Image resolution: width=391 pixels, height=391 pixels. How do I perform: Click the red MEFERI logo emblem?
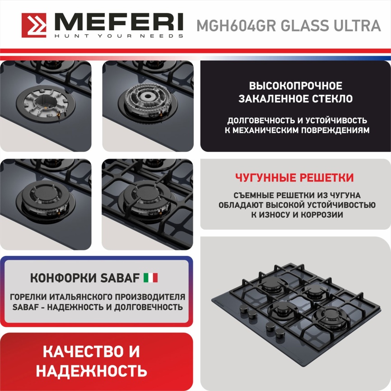point(34,25)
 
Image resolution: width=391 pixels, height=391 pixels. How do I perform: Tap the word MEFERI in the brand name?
point(118,22)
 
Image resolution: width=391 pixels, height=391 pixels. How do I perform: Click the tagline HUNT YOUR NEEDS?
point(118,36)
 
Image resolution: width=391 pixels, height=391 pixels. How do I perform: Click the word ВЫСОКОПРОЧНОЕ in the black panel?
point(296,86)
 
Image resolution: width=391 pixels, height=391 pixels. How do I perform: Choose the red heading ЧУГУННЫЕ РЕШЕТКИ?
point(294,177)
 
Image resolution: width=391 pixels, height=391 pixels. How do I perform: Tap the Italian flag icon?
point(150,278)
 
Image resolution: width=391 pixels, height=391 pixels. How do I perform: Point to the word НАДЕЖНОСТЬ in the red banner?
point(92,371)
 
